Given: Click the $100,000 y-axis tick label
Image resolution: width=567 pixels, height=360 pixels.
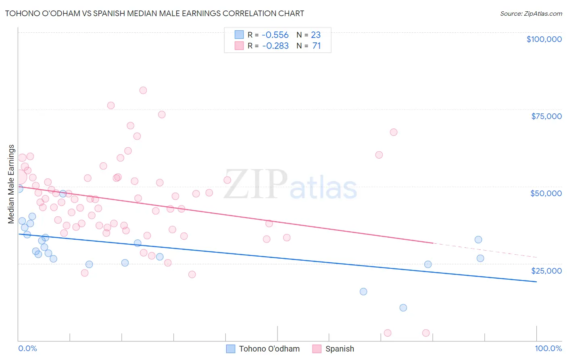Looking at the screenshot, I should [x=544, y=39].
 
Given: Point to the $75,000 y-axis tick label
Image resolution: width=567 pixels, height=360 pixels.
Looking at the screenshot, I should [x=546, y=116].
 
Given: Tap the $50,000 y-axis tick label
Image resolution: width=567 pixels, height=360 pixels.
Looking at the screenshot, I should [x=546, y=193].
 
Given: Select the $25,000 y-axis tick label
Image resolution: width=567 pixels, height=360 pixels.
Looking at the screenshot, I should [x=546, y=270].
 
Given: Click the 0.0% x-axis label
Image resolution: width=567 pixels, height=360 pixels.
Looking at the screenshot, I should [x=27, y=348].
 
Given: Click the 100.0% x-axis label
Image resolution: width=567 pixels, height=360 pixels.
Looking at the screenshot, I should [x=548, y=348].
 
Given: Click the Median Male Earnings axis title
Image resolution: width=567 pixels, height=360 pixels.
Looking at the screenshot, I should [x=11, y=184].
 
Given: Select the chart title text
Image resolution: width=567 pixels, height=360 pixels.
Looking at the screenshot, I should [x=154, y=13].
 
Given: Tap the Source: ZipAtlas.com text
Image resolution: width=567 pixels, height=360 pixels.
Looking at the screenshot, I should [x=531, y=13].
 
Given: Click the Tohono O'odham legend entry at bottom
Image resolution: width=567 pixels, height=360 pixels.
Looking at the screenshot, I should [x=269, y=349].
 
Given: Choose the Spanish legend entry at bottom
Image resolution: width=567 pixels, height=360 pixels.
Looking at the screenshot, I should [x=340, y=349].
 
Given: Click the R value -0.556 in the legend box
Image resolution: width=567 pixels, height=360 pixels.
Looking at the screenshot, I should [x=275, y=35].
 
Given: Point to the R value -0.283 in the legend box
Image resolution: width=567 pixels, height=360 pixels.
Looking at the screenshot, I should [x=275, y=46].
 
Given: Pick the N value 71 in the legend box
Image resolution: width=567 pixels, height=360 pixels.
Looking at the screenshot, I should [x=317, y=46].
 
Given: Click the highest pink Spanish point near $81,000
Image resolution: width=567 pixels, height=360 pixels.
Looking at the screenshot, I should [x=143, y=90].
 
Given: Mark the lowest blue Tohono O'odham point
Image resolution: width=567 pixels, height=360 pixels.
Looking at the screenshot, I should [x=403, y=308].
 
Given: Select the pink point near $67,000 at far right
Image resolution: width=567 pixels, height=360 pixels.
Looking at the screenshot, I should [x=394, y=132].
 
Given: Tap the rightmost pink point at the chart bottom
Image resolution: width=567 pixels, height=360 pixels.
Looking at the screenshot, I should [x=426, y=333].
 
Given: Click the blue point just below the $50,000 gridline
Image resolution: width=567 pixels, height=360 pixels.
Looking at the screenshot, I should [x=63, y=194].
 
